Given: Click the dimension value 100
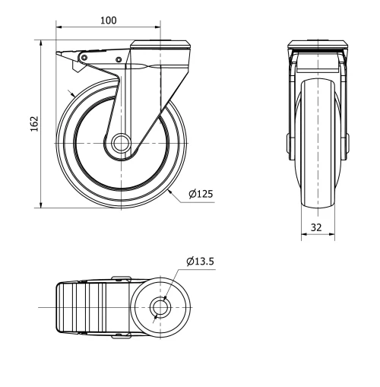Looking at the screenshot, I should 109,21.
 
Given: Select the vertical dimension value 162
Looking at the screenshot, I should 33,123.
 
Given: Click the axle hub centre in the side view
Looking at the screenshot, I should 119,144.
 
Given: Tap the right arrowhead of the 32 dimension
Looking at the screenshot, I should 333,235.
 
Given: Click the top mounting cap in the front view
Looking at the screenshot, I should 318,44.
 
